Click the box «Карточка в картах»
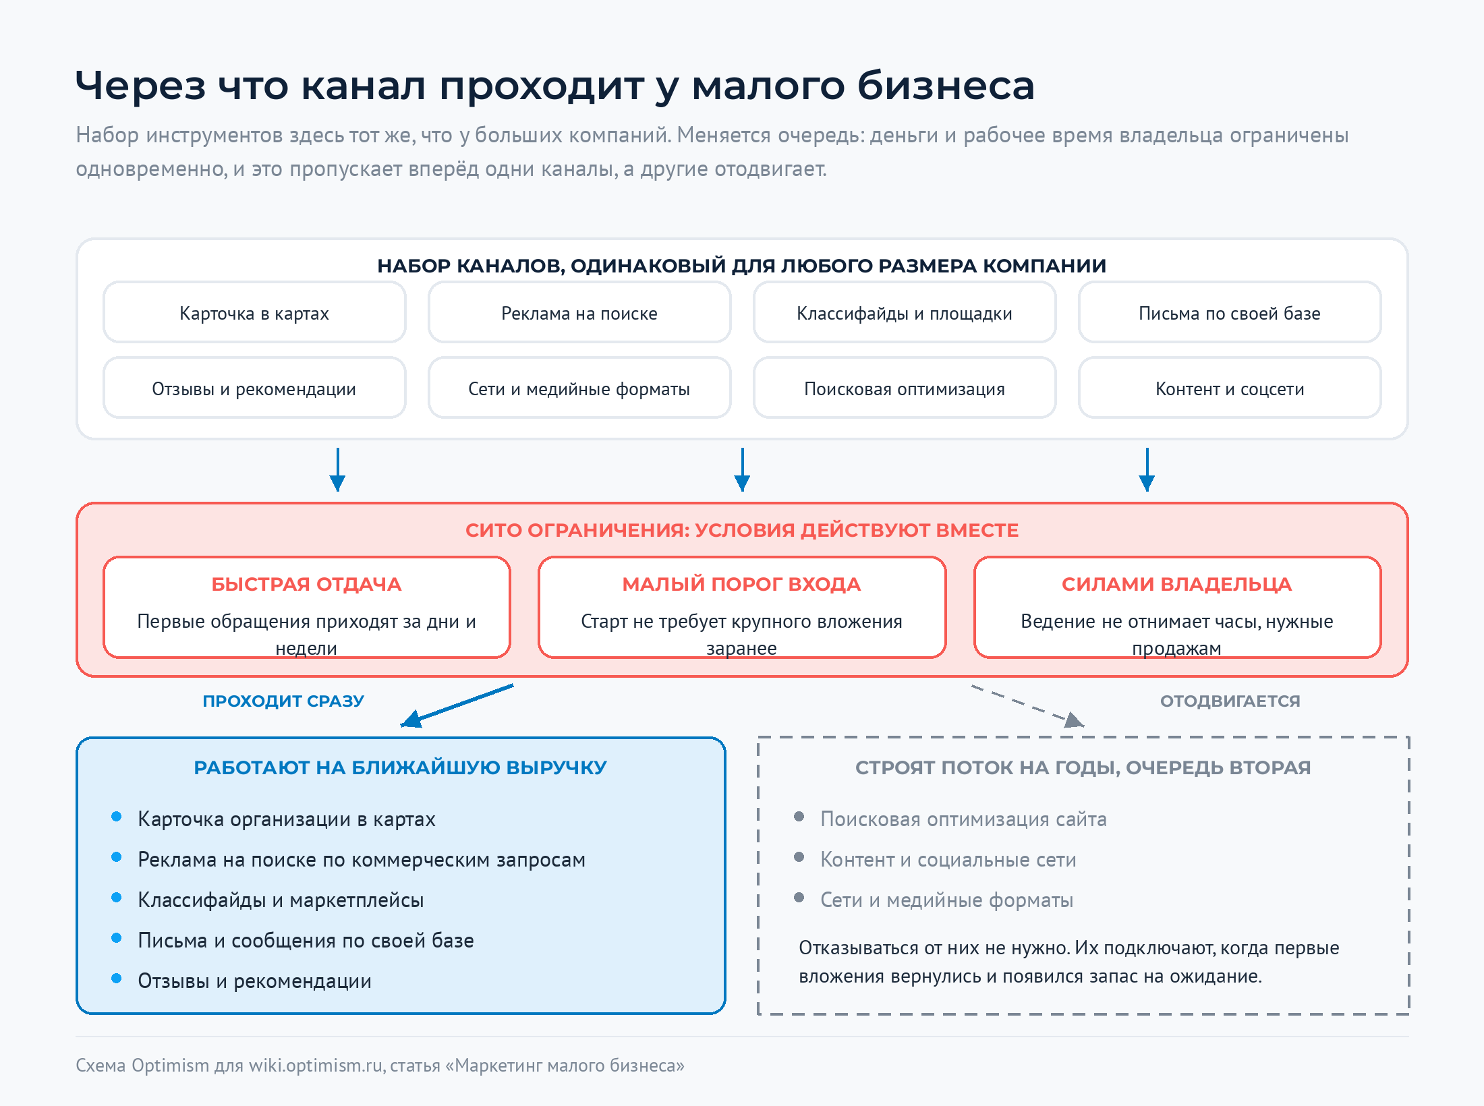[x=254, y=312]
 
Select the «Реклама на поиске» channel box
[x=579, y=312]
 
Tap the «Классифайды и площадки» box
[x=905, y=312]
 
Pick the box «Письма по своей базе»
[x=1230, y=312]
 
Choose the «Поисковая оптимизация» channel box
[x=905, y=388]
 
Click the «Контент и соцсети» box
[x=1230, y=388]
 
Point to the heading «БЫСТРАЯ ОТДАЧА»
[x=306, y=584]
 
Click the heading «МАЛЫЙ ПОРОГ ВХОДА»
[x=741, y=584]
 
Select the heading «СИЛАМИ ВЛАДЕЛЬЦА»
[x=1177, y=584]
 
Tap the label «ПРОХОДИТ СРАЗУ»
[x=283, y=701]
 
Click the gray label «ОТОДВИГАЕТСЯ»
[x=1230, y=701]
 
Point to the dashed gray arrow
[x=1027, y=706]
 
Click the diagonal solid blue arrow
[x=457, y=705]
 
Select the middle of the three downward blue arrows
[x=742, y=469]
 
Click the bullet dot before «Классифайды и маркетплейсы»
[x=117, y=898]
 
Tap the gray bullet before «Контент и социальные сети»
[x=799, y=857]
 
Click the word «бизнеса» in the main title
[x=946, y=86]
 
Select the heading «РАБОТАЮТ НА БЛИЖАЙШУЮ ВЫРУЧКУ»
[x=401, y=767]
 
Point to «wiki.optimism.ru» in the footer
[x=316, y=1066]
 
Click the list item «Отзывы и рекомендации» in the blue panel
[x=254, y=981]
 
